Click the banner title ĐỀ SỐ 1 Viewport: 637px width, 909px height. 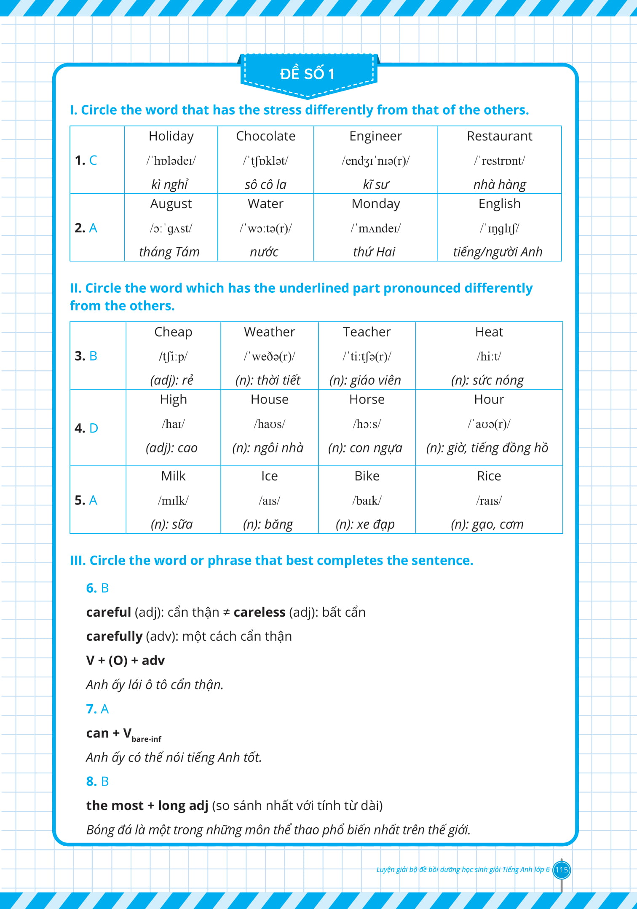coord(307,74)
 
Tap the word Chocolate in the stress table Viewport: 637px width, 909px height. coord(265,136)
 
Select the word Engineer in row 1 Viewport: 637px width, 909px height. coord(375,136)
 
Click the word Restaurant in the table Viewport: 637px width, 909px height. coord(499,136)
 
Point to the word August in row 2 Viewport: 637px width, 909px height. coord(171,204)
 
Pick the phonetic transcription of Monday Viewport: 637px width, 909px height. coord(375,228)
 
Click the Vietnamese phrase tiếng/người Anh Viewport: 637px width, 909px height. coord(498,252)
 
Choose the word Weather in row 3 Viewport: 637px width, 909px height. coord(269,332)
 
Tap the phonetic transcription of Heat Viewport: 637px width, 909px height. coord(489,356)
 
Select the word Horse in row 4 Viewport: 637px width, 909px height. coord(367,399)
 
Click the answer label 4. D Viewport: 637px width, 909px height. coord(86,428)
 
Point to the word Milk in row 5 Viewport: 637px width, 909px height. coord(173,476)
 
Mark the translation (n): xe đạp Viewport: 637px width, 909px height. coord(365,524)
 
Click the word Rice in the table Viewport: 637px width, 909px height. coord(489,476)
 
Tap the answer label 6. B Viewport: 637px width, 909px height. coord(97,588)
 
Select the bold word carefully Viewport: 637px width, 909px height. coord(114,636)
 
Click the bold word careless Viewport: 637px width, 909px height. coord(260,612)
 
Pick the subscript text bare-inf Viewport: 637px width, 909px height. coord(146,739)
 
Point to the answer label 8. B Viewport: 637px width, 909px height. coord(97,782)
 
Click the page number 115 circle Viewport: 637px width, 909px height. coord(561,870)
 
